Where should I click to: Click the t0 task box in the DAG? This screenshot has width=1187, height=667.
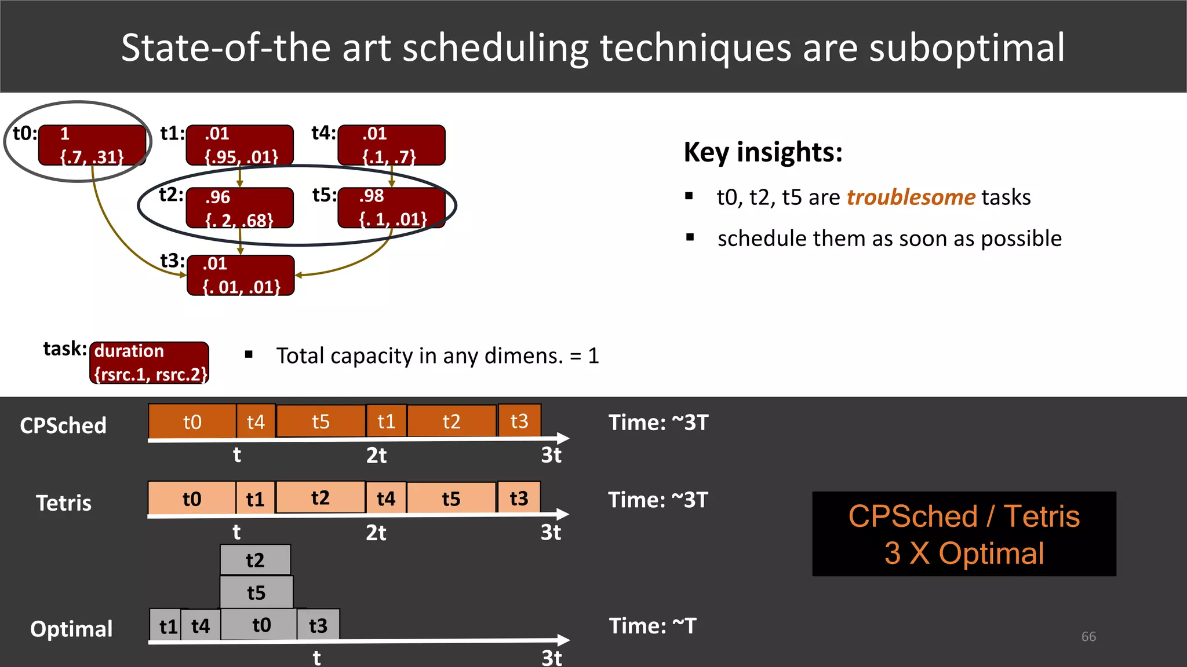[x=92, y=145]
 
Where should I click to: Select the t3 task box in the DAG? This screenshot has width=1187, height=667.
[x=241, y=276]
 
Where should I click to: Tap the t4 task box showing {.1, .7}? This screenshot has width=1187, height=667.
[x=391, y=145]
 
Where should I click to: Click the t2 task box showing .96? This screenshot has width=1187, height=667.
[x=239, y=208]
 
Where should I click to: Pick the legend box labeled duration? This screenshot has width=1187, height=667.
[x=150, y=363]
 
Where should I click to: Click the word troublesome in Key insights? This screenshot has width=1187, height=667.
[x=911, y=197]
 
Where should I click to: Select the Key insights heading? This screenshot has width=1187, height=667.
[x=763, y=152]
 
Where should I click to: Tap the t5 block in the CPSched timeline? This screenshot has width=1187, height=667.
[x=321, y=421]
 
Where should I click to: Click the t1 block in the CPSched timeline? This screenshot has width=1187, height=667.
[x=386, y=421]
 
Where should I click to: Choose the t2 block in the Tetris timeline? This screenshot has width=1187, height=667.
[x=320, y=497]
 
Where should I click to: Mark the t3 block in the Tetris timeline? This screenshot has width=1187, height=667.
[x=519, y=498]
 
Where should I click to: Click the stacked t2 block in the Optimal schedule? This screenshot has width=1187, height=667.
[x=255, y=560]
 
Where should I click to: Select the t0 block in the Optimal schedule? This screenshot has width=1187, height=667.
[x=260, y=625]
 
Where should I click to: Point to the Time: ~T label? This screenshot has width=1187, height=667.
[x=652, y=626]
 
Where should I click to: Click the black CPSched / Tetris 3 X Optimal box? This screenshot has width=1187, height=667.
[x=964, y=534]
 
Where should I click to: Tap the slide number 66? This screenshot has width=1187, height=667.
[x=1088, y=636]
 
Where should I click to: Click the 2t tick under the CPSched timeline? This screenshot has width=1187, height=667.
[x=376, y=456]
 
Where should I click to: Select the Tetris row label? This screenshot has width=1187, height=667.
[x=64, y=503]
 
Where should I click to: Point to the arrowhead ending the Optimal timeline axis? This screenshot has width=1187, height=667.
[x=563, y=640]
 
